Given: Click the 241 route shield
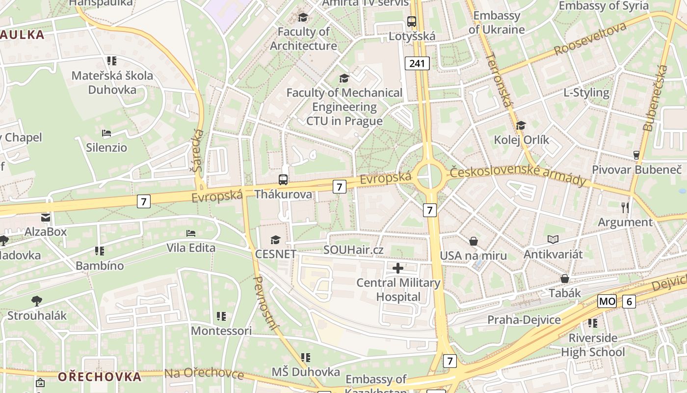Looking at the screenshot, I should tap(417, 63).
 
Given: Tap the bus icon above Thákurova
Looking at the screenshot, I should tap(283, 180).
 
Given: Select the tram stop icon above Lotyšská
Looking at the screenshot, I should tap(411, 22).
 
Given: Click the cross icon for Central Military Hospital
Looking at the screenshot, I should tap(398, 268).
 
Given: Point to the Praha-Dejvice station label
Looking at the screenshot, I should tap(524, 320).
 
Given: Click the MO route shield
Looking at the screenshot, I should tap(607, 301).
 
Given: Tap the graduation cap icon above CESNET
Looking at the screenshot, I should tap(275, 240).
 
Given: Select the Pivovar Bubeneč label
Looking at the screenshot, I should tap(636, 169).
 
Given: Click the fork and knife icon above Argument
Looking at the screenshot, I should tap(625, 208).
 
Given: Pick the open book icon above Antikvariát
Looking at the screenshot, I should tap(553, 240).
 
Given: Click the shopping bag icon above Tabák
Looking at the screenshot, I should tap(565, 279).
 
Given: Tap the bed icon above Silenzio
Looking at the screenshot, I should tap(106, 133).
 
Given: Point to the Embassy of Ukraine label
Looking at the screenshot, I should tap(496, 23).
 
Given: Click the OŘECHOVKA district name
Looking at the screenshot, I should tap(100, 377).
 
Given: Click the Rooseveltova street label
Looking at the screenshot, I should tap(590, 38).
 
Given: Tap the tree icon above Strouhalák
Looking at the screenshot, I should tap(36, 301).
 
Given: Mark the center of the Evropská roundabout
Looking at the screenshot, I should tap(429, 176).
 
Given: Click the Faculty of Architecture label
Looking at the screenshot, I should tap(303, 39).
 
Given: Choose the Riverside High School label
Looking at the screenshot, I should tap(593, 345).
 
